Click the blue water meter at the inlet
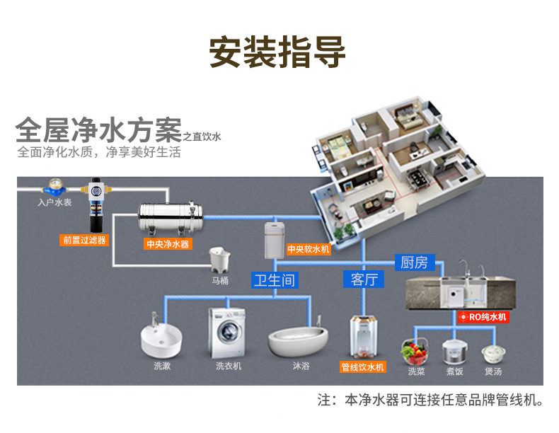(x=55, y=187)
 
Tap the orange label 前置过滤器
(x=84, y=240)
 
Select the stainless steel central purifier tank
(x=171, y=217)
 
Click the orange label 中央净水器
(x=168, y=244)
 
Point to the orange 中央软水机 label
(x=309, y=249)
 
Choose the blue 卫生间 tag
(x=275, y=280)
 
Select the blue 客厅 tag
(x=364, y=279)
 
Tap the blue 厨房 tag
(x=415, y=262)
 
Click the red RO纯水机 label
(x=483, y=317)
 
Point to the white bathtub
(x=298, y=341)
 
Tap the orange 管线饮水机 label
(x=362, y=367)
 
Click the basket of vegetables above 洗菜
(x=414, y=352)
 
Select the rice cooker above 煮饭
(x=454, y=352)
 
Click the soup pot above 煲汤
(x=493, y=354)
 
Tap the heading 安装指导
(x=277, y=52)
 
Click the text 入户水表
(x=55, y=202)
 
